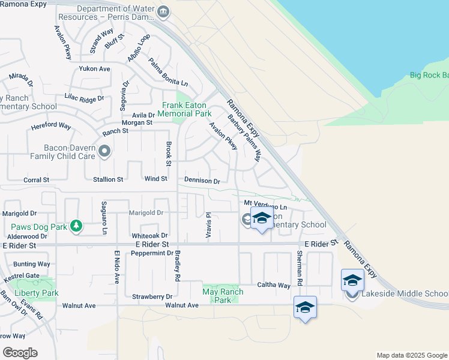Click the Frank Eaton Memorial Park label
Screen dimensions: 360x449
tap(186, 109)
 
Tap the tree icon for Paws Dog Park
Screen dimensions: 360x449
tap(76, 226)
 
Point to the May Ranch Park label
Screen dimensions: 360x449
tap(223, 296)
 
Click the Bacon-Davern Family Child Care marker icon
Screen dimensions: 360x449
tap(105, 151)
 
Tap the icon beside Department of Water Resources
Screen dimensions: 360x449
tap(163, 13)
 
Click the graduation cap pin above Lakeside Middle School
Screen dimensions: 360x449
tap(352, 280)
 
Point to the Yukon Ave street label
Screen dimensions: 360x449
tap(95, 68)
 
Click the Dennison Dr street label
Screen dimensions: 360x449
tap(202, 181)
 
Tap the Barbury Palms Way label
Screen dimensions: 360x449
tap(244, 138)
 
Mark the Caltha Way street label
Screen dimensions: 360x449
tap(274, 285)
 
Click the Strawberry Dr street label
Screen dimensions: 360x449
tap(152, 296)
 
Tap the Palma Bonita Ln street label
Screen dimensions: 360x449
tap(168, 71)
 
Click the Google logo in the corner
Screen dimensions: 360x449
tap(20, 353)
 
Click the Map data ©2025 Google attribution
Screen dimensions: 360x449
tap(411, 355)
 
